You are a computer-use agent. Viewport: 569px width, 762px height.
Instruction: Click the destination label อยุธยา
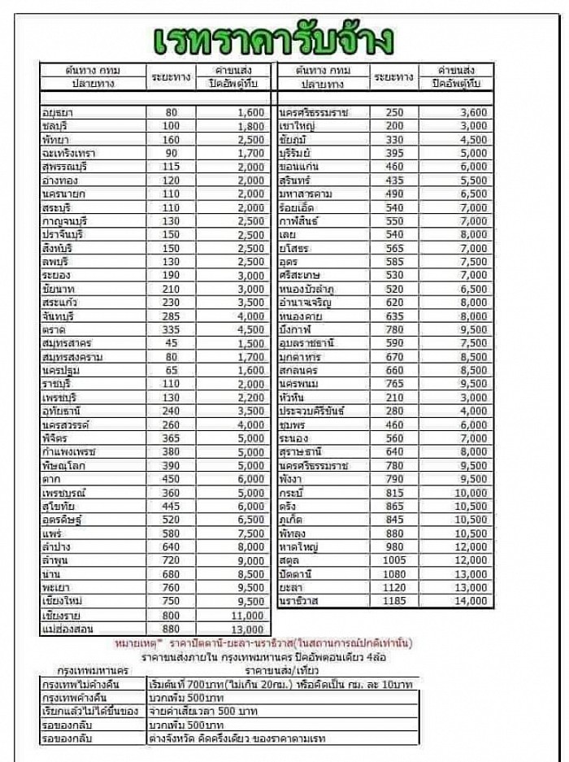tap(58, 112)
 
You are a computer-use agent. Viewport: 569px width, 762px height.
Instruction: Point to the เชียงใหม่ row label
tap(63, 602)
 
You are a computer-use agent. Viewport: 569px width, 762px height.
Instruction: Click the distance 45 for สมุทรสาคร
tap(171, 343)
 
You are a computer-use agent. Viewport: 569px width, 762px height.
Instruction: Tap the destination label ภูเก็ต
tap(290, 520)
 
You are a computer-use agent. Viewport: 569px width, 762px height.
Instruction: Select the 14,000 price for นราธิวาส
tap(472, 601)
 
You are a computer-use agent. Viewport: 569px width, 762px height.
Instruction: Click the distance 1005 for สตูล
tap(394, 560)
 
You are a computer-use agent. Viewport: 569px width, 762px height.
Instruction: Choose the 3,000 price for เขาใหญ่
tap(472, 126)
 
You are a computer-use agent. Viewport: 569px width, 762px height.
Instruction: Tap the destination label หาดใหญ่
tap(297, 546)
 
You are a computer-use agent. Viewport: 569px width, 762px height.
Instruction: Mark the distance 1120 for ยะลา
tap(394, 587)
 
